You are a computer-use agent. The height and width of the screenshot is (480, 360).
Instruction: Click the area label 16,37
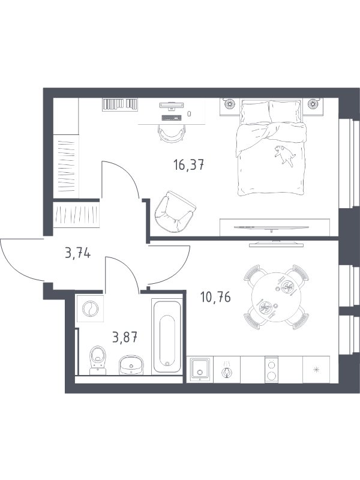pyautogui.click(x=188, y=166)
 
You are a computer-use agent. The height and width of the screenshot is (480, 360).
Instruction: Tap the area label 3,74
pyautogui.click(x=78, y=253)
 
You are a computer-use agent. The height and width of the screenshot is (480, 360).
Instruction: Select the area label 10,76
pyautogui.click(x=215, y=297)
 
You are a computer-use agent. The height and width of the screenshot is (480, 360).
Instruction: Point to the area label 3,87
pyautogui.click(x=125, y=337)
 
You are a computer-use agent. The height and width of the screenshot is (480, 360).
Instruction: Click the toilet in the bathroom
pyautogui.click(x=98, y=360)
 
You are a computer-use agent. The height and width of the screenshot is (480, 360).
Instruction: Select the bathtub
pyautogui.click(x=167, y=337)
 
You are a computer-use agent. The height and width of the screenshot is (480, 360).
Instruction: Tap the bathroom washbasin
pyautogui.click(x=131, y=364)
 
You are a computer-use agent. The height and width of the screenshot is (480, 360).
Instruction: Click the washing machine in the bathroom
pyautogui.click(x=91, y=308)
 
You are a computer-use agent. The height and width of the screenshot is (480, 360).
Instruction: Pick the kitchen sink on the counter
pyautogui.click(x=200, y=370)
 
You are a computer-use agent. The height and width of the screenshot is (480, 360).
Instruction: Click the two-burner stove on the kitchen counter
pyautogui.click(x=271, y=370)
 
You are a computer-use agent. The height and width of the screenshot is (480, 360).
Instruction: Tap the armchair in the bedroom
pyautogui.click(x=175, y=212)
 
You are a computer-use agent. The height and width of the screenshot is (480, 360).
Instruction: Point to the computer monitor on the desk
pyautogui.click(x=172, y=106)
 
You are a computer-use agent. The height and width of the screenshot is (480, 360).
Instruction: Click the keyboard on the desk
pyautogui.click(x=171, y=118)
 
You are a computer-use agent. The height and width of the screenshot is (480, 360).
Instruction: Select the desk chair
pyautogui.click(x=172, y=134)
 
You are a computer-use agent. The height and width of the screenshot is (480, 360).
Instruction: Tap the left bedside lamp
pyautogui.click(x=229, y=103)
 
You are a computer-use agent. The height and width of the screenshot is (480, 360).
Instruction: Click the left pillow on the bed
pyautogui.click(x=254, y=112)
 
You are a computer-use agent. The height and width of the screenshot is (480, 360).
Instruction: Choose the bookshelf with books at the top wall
pyautogui.click(x=120, y=104)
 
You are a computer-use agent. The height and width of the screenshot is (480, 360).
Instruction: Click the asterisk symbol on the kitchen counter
pyautogui.click(x=316, y=370)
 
